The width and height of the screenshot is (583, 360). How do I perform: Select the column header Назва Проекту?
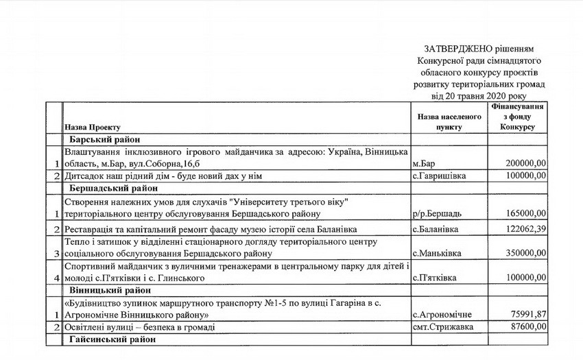click(x=93, y=128)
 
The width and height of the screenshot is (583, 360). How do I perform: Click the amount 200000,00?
click(x=525, y=164)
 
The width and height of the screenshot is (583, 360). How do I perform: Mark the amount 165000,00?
click(x=525, y=215)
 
